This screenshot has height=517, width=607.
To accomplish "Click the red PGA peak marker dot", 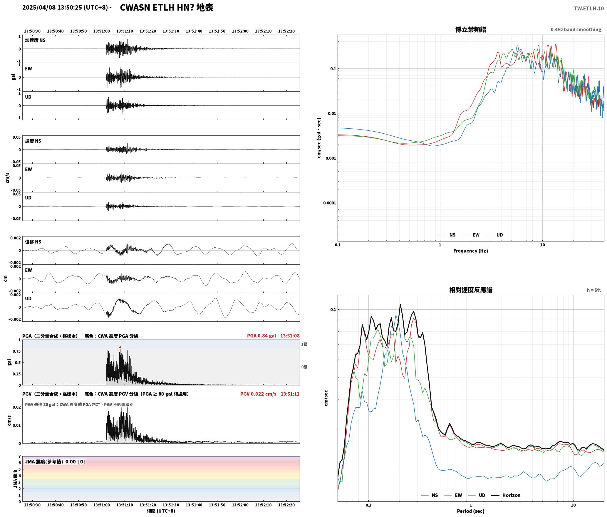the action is (120, 347).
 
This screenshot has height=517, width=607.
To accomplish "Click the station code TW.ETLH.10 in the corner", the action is (589, 8).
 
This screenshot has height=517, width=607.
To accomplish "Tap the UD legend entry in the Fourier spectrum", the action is (494, 235).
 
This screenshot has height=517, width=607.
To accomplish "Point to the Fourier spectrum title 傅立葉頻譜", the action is (470, 29).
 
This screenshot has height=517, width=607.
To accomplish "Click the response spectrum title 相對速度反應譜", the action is (471, 290).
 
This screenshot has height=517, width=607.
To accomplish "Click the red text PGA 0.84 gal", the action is (261, 335).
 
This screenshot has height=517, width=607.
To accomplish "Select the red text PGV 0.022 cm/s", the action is (258, 394).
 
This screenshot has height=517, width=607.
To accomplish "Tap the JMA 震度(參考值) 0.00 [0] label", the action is (55, 461).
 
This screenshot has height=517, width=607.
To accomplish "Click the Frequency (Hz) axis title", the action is (470, 251).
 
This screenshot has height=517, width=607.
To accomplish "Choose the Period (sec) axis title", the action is (470, 511).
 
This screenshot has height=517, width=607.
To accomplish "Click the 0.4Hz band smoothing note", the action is (576, 29).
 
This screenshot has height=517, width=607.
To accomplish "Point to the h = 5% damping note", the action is (594, 290).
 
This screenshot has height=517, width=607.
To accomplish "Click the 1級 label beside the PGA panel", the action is (304, 344).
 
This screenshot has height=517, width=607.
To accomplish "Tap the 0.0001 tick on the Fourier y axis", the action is (329, 203).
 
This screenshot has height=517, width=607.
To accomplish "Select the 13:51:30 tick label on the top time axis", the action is (171, 31).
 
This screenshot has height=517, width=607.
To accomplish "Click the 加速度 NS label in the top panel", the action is (35, 40).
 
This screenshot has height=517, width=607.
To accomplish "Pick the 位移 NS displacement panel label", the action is (33, 242).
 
